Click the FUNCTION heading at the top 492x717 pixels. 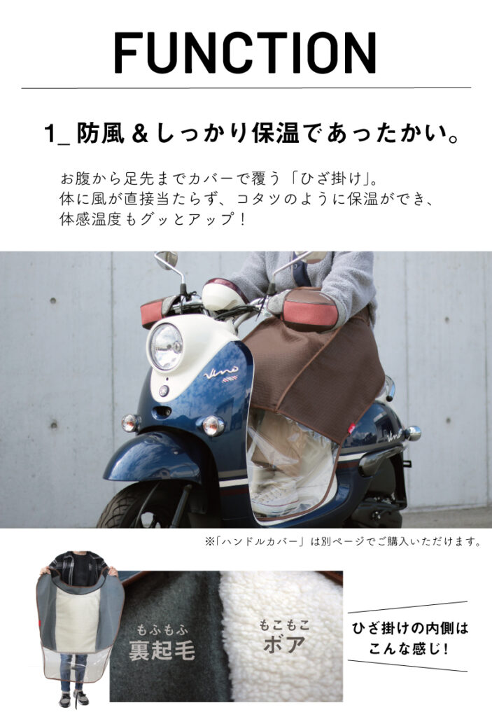coord(246,52)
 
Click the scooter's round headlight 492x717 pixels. coord(166,346)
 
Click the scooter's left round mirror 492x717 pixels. coord(167,260)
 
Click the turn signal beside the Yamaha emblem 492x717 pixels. coord(130,422)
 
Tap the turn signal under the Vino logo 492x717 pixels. coord(213,425)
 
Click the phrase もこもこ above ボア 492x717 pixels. coord(284,625)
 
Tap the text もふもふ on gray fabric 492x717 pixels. coord(162,630)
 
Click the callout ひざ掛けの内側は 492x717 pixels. coord(410,628)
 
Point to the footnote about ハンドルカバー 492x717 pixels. coord(343,542)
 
